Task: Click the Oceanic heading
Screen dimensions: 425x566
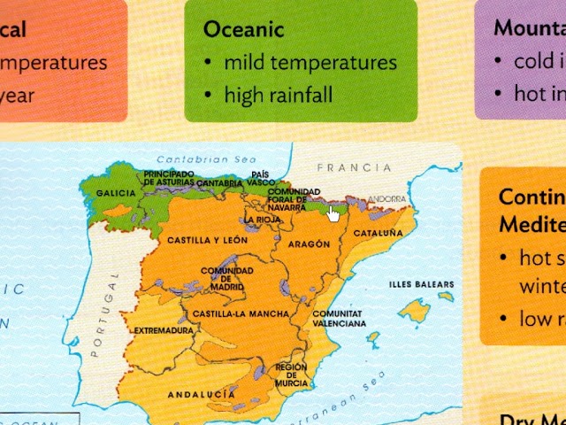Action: [x=243, y=29]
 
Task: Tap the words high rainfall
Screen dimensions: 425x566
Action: [x=278, y=94]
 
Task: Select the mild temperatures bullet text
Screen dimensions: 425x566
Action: [x=310, y=63]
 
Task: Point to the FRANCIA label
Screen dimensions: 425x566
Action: [x=354, y=167]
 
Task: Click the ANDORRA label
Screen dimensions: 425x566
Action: [x=386, y=199]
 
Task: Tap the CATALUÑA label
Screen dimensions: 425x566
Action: [x=378, y=233]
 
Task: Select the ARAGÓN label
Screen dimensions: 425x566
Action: [x=309, y=243]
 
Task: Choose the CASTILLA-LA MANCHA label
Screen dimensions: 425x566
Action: [x=240, y=314]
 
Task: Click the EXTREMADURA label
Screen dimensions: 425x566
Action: [x=163, y=331]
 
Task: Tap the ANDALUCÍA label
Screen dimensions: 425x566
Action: [x=207, y=392]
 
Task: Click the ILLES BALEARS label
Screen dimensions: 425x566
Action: [x=422, y=284]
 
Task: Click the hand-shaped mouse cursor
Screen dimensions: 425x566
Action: [x=333, y=213]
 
